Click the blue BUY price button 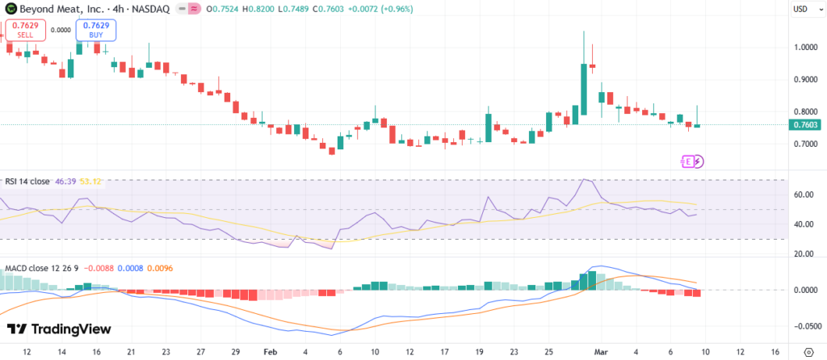point(96,31)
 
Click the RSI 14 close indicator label point(27,181)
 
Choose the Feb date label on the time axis point(271,352)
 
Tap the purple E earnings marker point(687,161)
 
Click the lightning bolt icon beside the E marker point(698,161)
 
